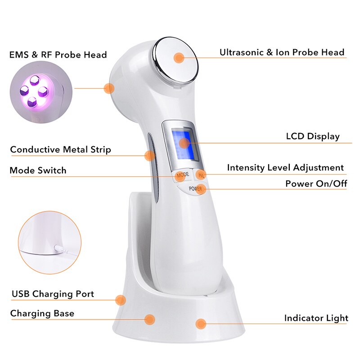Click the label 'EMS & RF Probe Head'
(x=58, y=55)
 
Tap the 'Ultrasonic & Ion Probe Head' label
(x=282, y=52)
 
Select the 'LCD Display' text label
(x=313, y=136)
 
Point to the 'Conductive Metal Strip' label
(x=60, y=149)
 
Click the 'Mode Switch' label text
(x=38, y=170)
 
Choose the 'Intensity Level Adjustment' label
(x=285, y=168)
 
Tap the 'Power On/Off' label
(x=316, y=184)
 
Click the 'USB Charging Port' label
(x=53, y=294)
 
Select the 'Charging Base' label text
(x=42, y=313)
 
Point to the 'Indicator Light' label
(x=316, y=318)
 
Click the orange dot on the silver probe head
(x=180, y=58)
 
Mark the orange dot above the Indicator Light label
(x=201, y=323)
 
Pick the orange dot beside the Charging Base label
(x=150, y=319)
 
